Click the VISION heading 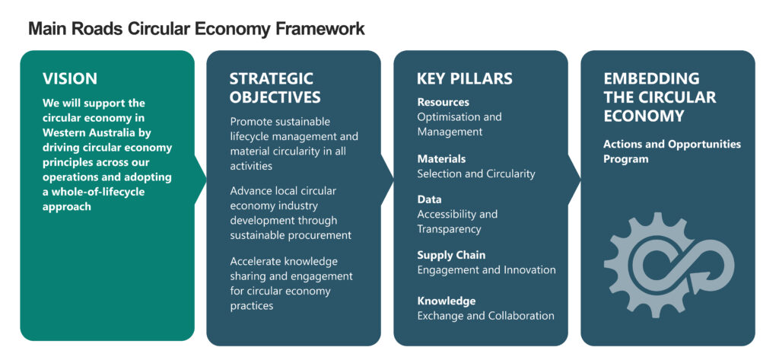tap(70, 78)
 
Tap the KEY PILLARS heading tap(464, 78)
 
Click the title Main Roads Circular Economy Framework tap(196, 29)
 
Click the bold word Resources tap(443, 102)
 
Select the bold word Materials tap(441, 158)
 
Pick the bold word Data tap(429, 199)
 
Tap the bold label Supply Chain tap(451, 255)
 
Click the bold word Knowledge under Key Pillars tap(446, 301)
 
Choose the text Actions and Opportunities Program tap(671, 151)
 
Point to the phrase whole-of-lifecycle tap(95, 192)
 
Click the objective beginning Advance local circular tap(291, 212)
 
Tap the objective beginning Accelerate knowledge tap(291, 283)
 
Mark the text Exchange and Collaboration tap(485, 316)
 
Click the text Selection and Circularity tap(475, 174)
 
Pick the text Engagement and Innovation tap(486, 270)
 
